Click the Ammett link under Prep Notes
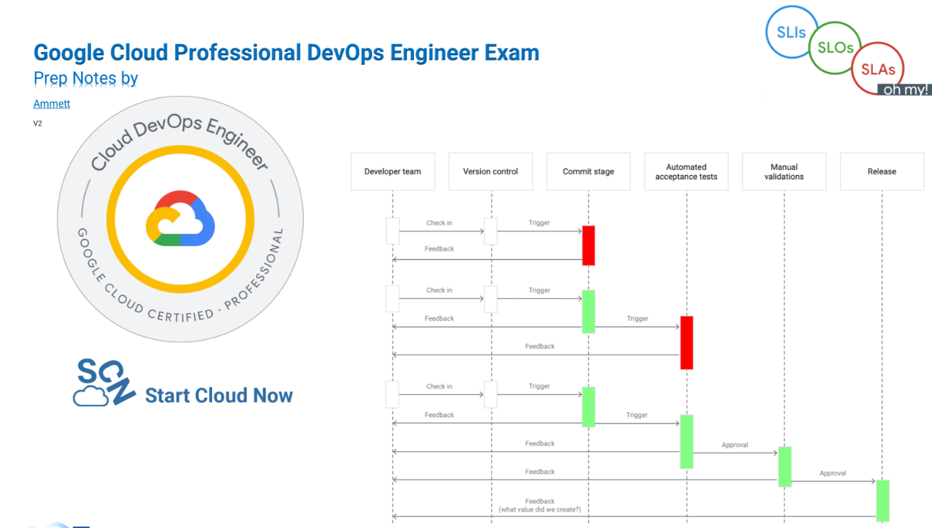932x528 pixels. pyautogui.click(x=52, y=104)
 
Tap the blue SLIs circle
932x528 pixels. pyautogui.click(x=791, y=33)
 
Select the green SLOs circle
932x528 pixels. pyautogui.click(x=835, y=48)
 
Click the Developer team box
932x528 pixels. pyautogui.click(x=393, y=171)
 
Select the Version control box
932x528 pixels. pyautogui.click(x=490, y=171)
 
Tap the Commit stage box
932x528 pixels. pyautogui.click(x=588, y=171)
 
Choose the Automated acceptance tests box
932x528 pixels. pyautogui.click(x=686, y=171)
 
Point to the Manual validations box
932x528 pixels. pyautogui.click(x=784, y=171)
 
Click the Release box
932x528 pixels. pyautogui.click(x=881, y=171)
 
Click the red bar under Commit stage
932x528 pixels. pyautogui.click(x=588, y=245)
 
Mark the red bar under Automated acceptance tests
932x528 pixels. pyautogui.click(x=687, y=342)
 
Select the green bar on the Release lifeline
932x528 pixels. pyautogui.click(x=882, y=500)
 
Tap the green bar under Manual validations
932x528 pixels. pyautogui.click(x=785, y=466)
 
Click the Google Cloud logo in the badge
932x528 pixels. pyautogui.click(x=180, y=218)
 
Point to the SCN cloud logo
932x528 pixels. pyautogui.click(x=103, y=383)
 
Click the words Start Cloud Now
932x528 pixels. pyautogui.click(x=218, y=396)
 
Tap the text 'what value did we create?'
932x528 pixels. pyautogui.click(x=539, y=509)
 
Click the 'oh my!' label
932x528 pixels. pyautogui.click(x=906, y=90)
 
